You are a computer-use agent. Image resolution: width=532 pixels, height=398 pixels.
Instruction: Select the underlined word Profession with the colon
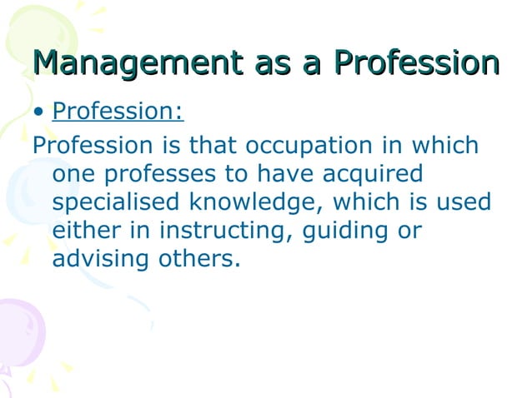tap(118, 112)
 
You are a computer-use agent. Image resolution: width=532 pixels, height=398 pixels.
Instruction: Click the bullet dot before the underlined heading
tap(38, 112)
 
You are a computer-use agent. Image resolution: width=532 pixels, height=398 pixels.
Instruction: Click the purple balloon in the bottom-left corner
tap(18, 333)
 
